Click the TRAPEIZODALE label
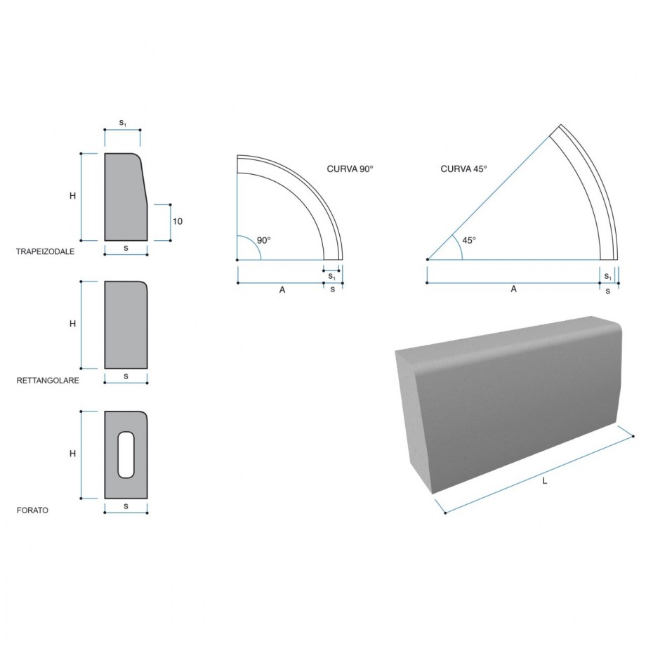[46, 251]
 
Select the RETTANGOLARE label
[48, 381]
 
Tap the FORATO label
[32, 510]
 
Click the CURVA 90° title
[350, 169]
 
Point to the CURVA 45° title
[463, 169]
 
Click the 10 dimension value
[178, 221]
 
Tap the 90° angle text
[264, 240]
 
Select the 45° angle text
[469, 240]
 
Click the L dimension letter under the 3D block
[545, 481]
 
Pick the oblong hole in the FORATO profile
[126, 455]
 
